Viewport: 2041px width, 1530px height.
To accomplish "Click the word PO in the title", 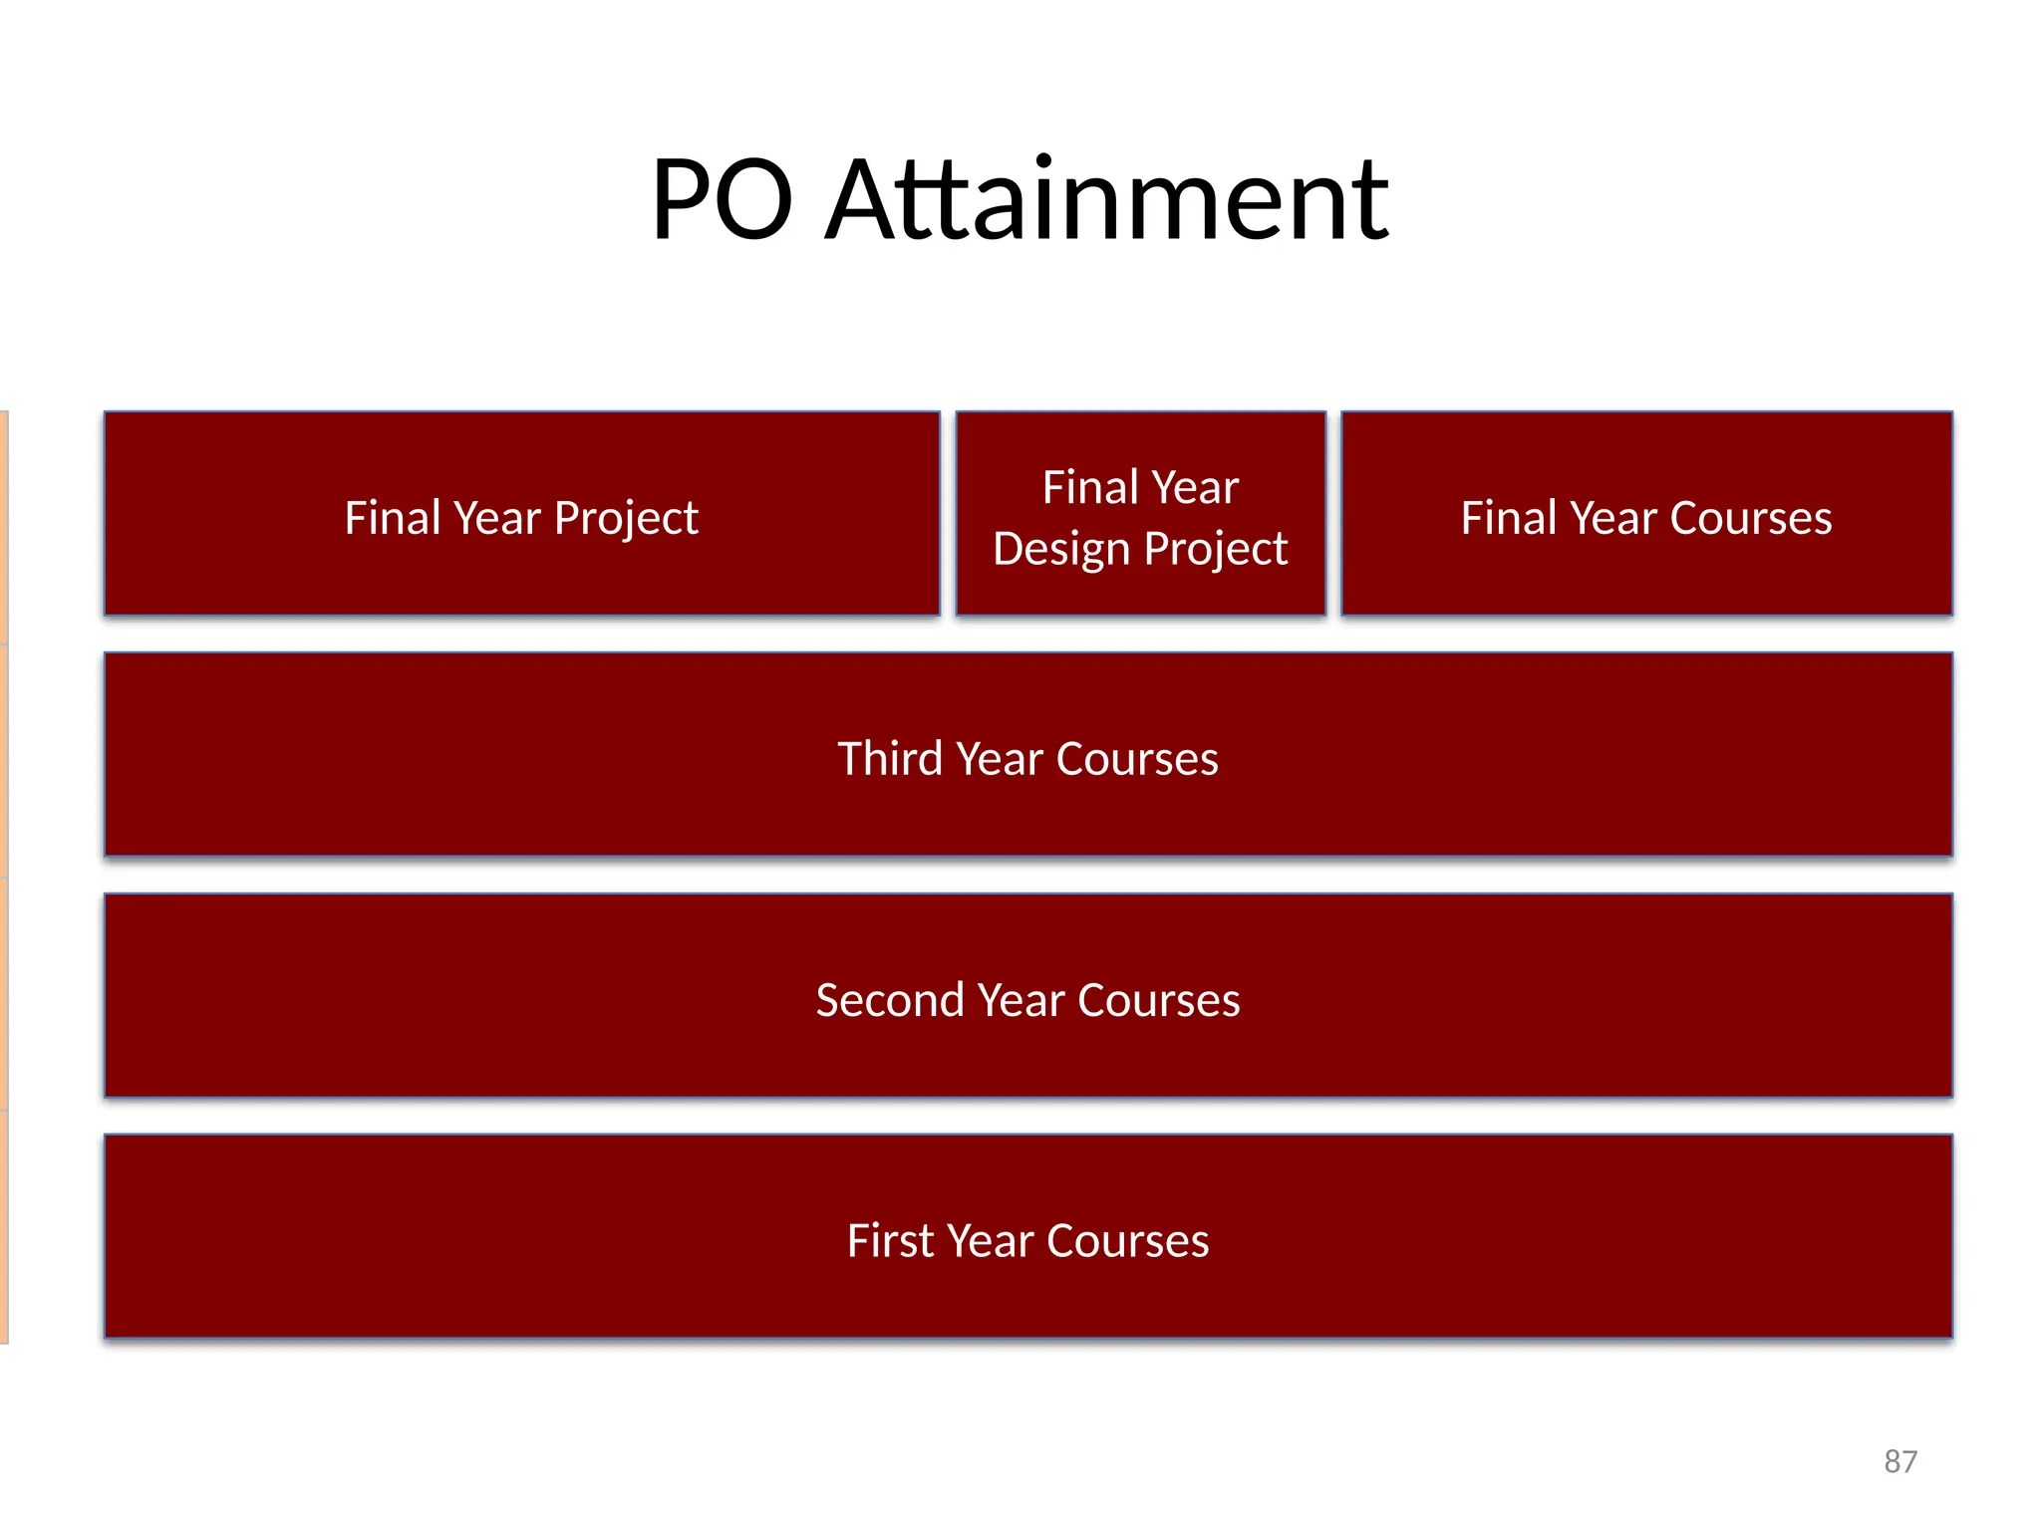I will click(722, 200).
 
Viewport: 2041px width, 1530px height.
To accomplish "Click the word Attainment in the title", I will click(1107, 200).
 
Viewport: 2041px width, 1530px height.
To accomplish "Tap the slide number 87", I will click(1899, 1461).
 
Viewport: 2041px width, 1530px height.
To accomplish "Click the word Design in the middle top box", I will click(1061, 550).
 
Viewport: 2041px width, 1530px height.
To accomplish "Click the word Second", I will click(890, 1000).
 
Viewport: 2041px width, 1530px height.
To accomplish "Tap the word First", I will click(890, 1241).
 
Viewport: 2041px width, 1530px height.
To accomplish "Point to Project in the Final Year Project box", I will click(626, 519).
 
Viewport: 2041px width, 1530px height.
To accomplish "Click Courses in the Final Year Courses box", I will click(1750, 518).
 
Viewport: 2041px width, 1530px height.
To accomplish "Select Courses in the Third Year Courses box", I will click(1137, 759).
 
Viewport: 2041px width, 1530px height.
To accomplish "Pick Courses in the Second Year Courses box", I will click(1158, 1000).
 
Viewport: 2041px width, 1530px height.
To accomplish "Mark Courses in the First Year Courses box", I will click(1127, 1241).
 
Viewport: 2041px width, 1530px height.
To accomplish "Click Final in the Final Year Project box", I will click(393, 518).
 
